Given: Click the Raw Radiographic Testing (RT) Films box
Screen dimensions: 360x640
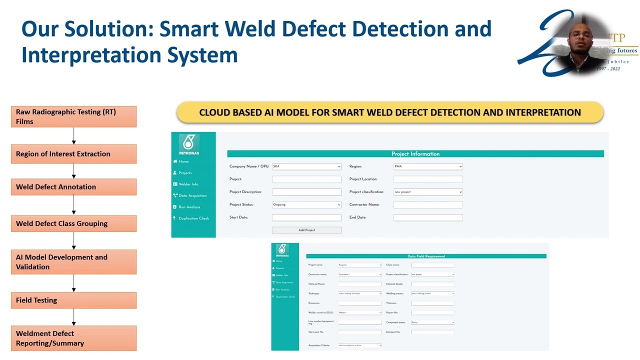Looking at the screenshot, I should [x=73, y=116].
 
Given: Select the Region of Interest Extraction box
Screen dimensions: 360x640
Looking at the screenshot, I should [x=73, y=154].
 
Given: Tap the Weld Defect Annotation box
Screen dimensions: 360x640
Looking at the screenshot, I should [x=73, y=187].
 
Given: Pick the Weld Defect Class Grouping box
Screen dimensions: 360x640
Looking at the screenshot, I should [x=73, y=223].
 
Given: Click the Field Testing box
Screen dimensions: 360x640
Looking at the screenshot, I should [x=73, y=300].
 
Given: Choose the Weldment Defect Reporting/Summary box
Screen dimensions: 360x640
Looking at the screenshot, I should [x=73, y=338].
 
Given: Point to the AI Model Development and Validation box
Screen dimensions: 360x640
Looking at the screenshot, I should [x=73, y=262].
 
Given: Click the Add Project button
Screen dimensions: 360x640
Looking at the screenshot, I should [x=306, y=230].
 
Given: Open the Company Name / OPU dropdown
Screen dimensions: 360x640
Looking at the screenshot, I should [x=306, y=166].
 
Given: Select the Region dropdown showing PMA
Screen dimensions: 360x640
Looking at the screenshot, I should [x=428, y=166].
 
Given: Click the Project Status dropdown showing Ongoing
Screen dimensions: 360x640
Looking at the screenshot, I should [x=306, y=204].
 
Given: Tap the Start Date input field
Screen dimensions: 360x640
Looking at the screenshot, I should [x=306, y=217].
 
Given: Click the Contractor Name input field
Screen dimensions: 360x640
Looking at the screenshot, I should [x=428, y=204].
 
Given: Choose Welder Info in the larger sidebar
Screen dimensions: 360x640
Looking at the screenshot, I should [x=188, y=184].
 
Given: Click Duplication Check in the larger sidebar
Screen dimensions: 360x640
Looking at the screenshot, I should [x=193, y=218].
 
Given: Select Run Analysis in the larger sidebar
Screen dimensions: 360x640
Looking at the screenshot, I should [x=189, y=207].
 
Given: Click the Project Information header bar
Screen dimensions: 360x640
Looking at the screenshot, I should [x=415, y=154].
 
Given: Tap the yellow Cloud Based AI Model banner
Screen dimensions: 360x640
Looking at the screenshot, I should [x=390, y=112].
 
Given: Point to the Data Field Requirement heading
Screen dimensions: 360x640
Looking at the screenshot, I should [x=426, y=256].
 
